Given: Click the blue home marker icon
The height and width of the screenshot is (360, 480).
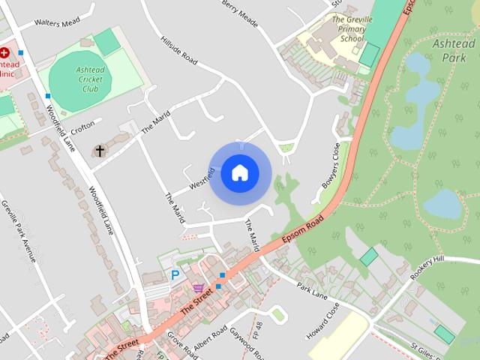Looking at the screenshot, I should click(x=239, y=173).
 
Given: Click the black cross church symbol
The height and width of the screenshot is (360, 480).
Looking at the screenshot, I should click(x=100, y=151).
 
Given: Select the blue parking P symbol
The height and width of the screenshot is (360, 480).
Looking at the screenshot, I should click(x=175, y=275).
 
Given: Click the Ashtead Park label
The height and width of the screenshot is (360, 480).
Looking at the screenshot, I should click(x=454, y=51).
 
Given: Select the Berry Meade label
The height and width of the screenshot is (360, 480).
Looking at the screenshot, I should click(x=240, y=13).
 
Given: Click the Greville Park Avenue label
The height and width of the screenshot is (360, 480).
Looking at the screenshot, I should click(x=19, y=231).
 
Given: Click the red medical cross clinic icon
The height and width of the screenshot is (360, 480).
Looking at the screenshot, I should click(x=4, y=52).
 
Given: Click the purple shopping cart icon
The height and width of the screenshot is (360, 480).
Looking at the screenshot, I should click(x=198, y=287).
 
